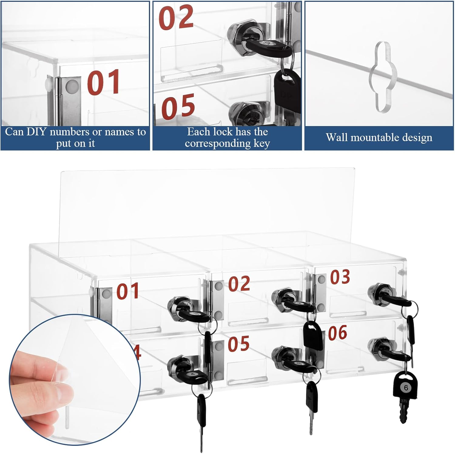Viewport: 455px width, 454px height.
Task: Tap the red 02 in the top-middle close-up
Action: point(176,18)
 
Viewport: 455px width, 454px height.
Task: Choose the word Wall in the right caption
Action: point(337,137)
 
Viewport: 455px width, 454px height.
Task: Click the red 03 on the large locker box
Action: point(340,277)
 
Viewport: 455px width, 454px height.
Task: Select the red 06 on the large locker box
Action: point(338,333)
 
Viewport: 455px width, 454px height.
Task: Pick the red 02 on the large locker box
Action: point(239,284)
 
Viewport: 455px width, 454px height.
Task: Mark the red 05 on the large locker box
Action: point(238,344)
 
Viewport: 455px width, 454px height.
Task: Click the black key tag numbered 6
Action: point(405,387)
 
